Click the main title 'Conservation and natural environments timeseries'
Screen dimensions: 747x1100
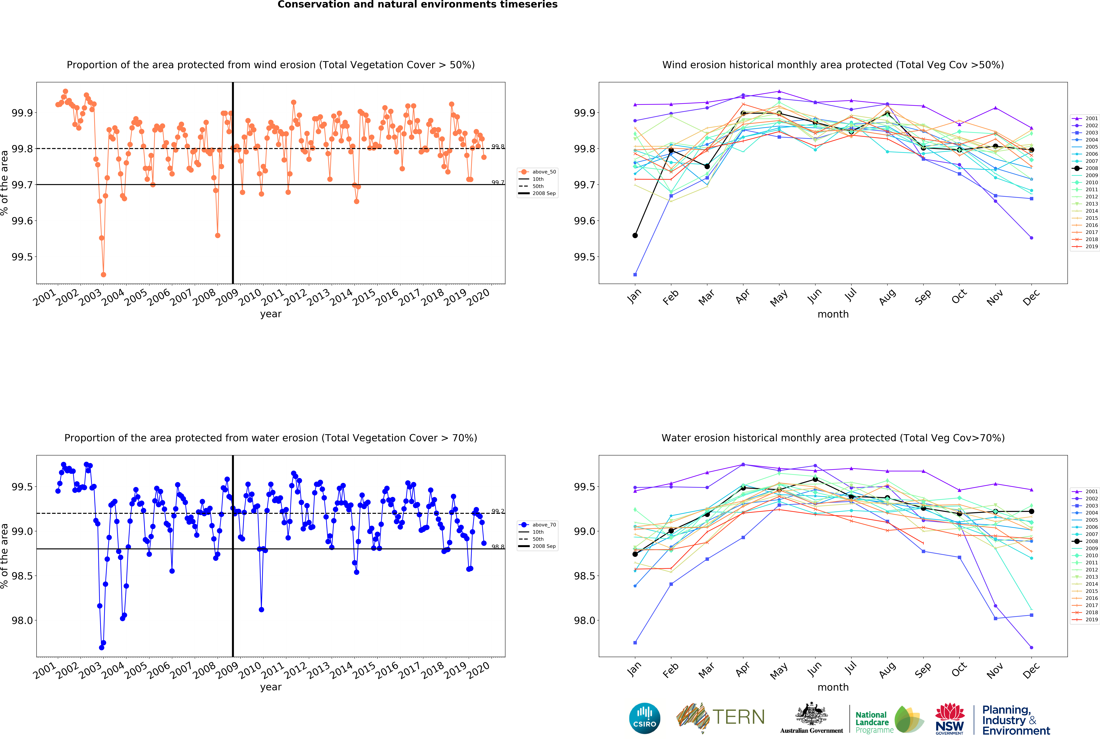pyautogui.click(x=417, y=5)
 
